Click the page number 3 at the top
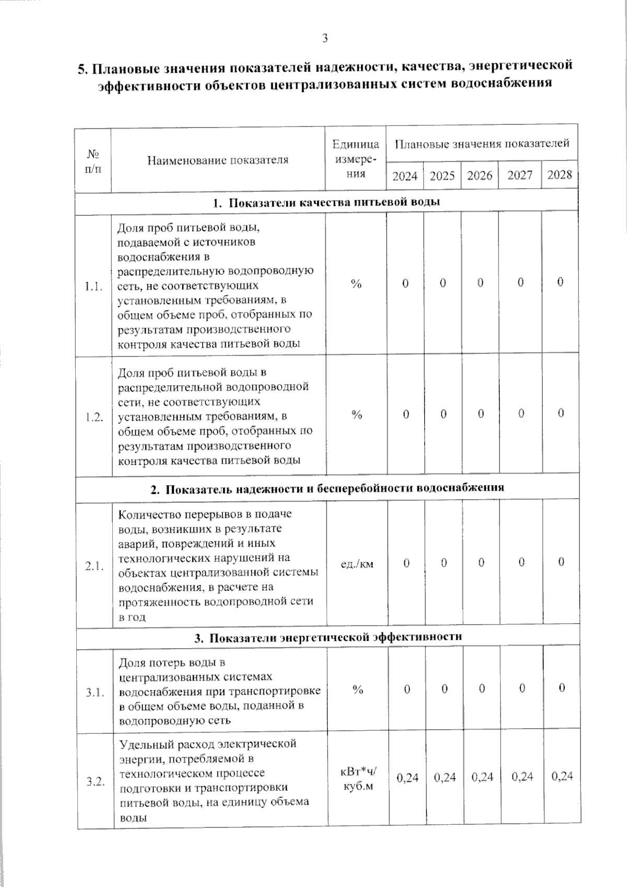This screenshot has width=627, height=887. [x=324, y=38]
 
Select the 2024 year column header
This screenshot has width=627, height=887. [x=405, y=176]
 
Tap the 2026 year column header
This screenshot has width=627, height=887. [x=480, y=176]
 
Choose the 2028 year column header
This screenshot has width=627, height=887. [x=560, y=175]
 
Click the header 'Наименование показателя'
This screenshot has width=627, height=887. [x=218, y=160]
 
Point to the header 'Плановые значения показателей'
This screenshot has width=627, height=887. [x=482, y=143]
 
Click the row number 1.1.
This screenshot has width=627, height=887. [x=94, y=286]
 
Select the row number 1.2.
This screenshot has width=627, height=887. [x=94, y=417]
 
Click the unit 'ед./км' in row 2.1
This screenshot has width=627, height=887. [x=357, y=564]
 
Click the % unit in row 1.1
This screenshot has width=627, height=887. [x=356, y=284]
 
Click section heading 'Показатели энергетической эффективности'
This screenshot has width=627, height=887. [x=328, y=637]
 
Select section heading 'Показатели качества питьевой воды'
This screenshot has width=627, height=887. [x=327, y=202]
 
